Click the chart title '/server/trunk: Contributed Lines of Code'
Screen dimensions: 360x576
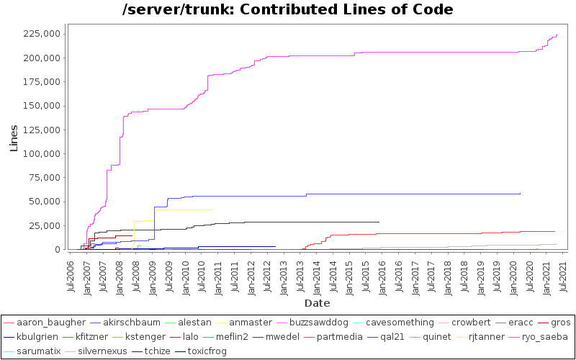coord(288,9)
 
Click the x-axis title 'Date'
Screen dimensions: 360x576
coord(317,303)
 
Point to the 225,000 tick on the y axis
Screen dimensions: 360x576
coord(42,34)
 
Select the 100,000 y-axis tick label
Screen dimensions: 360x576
coord(42,153)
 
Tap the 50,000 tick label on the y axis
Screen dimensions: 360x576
coord(45,202)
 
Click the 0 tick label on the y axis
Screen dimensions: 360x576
coord(57,249)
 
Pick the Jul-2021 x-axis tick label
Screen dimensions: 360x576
coord(562,275)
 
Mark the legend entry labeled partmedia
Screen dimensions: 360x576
coord(333,336)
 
